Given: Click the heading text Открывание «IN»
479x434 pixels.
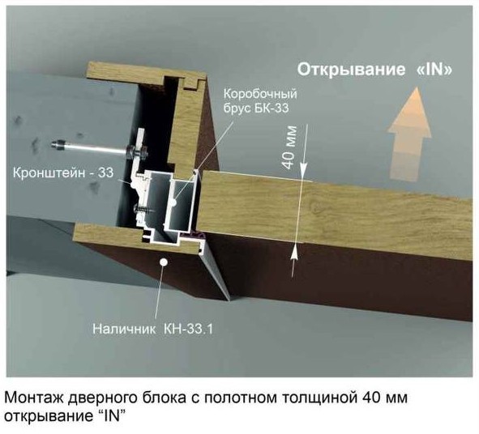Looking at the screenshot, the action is click(374, 70).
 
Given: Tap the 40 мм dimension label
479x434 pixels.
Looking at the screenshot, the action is click(289, 147).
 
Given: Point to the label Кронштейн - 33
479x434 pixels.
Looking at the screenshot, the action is click(63, 173).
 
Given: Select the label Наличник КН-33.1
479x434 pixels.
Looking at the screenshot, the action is click(152, 329).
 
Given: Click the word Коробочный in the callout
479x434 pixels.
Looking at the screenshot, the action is click(260, 94).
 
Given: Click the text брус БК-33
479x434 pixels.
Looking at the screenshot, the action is click(256, 108).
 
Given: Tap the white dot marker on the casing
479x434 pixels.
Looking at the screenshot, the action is click(164, 262).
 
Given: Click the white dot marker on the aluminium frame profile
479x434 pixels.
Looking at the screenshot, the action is click(174, 202).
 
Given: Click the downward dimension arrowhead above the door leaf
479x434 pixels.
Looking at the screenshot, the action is click(303, 170).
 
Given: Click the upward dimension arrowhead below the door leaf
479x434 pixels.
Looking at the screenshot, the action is click(293, 253).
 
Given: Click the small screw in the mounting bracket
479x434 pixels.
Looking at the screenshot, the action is click(144, 210).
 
